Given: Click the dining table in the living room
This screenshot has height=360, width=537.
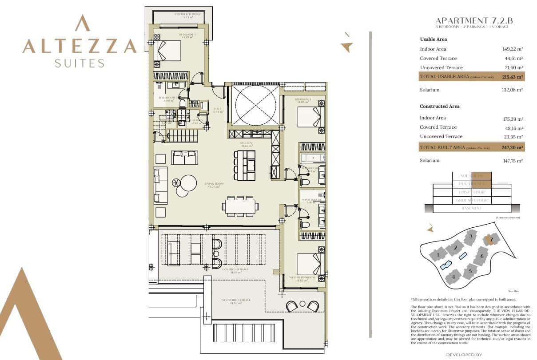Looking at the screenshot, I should click(x=240, y=206).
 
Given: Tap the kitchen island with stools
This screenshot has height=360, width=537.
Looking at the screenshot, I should click(x=245, y=166).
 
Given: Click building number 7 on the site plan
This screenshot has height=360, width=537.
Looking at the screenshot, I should click(x=491, y=240).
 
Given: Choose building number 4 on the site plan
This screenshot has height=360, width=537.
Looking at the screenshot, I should click(x=453, y=277).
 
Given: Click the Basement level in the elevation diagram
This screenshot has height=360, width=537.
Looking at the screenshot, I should click(x=472, y=208).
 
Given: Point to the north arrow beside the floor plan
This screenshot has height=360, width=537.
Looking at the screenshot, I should click(x=346, y=47).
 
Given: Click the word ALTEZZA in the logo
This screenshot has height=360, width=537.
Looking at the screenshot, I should click(x=80, y=46).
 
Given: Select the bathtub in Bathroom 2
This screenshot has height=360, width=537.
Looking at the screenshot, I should click(x=313, y=157).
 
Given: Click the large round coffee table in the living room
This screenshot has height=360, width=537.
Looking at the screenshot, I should click(x=188, y=182).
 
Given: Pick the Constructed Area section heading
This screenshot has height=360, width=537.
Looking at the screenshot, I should click(x=440, y=107).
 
